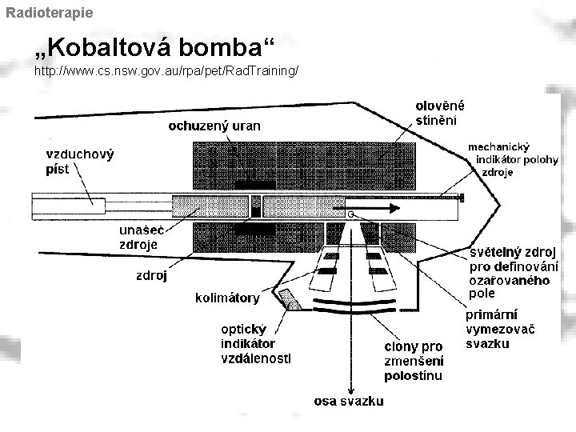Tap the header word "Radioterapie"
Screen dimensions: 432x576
[x=49, y=13]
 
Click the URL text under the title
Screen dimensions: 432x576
[x=166, y=72]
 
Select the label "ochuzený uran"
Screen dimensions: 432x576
[x=214, y=125]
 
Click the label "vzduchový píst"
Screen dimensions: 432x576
[x=79, y=161]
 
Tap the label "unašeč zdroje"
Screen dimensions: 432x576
[x=138, y=236]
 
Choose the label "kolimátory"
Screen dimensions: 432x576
[x=227, y=298]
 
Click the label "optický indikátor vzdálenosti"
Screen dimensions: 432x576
[x=255, y=343]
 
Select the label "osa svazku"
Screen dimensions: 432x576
[x=349, y=402]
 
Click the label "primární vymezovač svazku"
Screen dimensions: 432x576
[x=500, y=329]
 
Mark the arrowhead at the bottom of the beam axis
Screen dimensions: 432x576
[x=349, y=385]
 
